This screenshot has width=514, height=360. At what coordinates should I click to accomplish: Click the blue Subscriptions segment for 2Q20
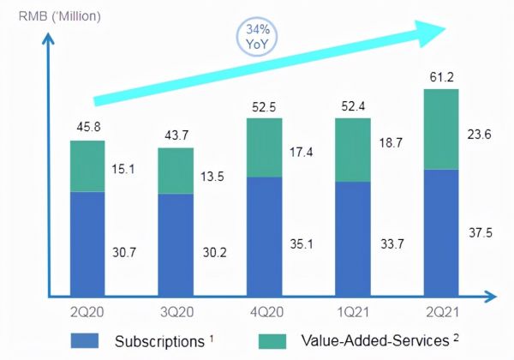(87, 242)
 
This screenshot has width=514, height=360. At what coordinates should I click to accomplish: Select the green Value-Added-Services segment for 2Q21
(441, 129)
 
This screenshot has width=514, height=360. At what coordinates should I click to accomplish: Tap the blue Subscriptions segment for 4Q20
(264, 234)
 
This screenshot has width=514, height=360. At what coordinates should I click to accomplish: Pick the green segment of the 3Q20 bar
(176, 171)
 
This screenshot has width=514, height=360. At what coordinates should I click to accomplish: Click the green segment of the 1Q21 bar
(353, 150)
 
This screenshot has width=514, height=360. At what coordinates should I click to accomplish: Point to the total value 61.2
(441, 78)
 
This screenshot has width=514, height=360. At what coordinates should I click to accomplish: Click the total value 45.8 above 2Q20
(87, 128)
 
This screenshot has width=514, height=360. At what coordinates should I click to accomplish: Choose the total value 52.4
(353, 106)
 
